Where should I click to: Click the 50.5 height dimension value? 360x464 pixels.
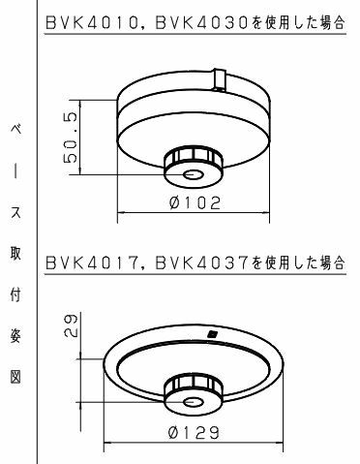click(x=71, y=137)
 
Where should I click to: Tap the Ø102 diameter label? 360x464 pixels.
click(x=195, y=203)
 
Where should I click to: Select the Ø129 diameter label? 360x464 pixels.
click(x=194, y=433)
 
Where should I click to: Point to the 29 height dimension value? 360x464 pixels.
click(x=70, y=325)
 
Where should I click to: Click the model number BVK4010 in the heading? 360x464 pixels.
click(x=92, y=23)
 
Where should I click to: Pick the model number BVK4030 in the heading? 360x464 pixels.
click(x=202, y=23)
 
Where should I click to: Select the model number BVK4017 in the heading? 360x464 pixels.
click(x=92, y=263)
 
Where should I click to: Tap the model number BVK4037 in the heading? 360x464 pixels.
click(x=202, y=263)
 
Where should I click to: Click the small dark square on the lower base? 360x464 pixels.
click(x=212, y=334)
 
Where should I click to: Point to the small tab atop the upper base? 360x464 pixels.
click(x=219, y=80)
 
